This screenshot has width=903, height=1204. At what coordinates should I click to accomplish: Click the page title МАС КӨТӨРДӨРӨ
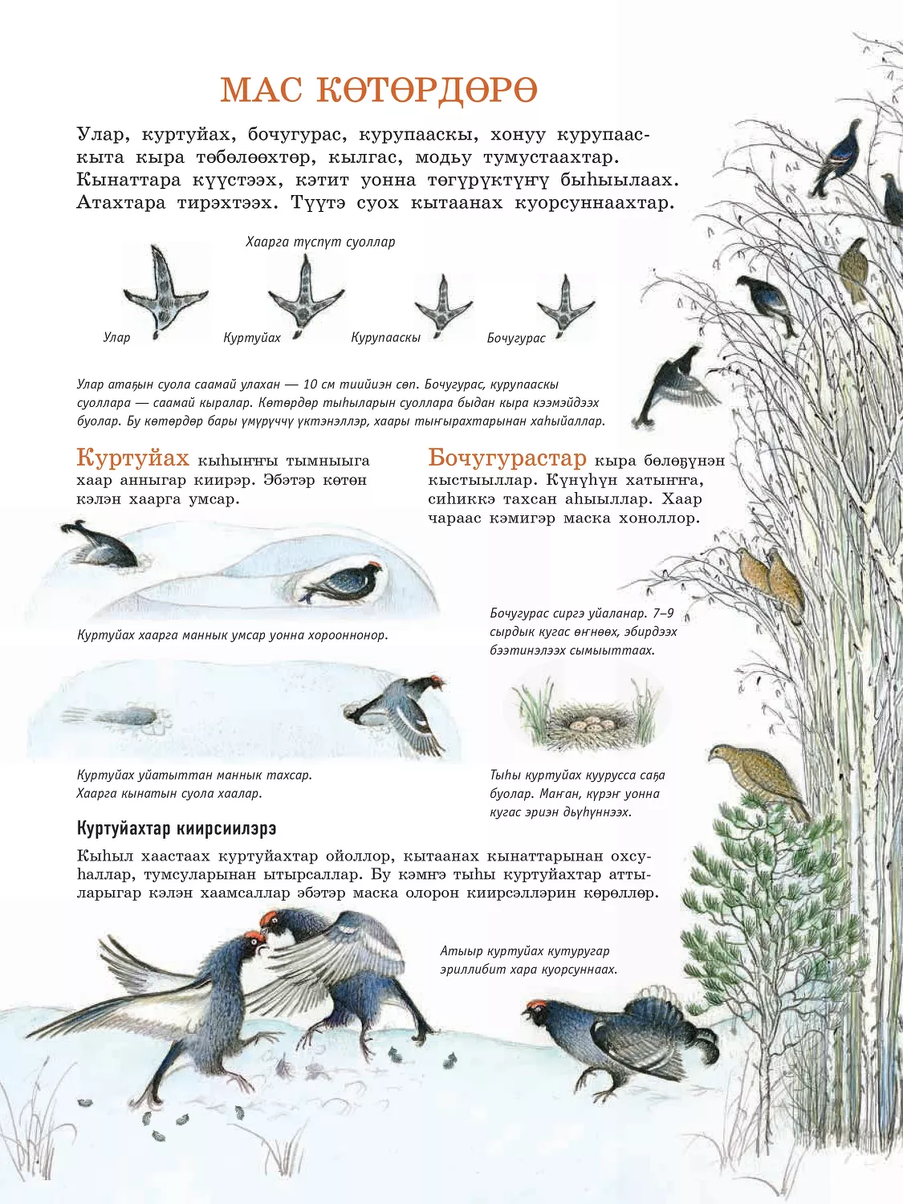[379, 89]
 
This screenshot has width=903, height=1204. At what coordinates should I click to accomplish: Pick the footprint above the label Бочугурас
[565, 306]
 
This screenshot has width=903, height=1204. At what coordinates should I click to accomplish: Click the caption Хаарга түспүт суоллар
[320, 242]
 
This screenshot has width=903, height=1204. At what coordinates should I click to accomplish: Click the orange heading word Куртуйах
[132, 458]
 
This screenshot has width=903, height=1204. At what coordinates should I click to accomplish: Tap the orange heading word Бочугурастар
[507, 458]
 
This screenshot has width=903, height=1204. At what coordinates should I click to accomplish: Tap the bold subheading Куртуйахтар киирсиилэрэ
[177, 828]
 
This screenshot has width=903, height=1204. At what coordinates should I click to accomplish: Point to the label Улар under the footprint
[116, 337]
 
